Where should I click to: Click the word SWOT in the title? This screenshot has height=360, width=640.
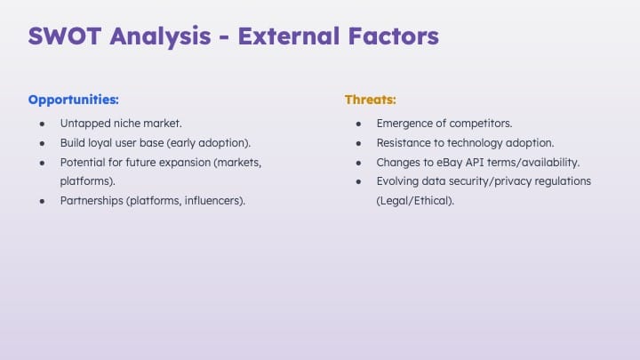(65, 36)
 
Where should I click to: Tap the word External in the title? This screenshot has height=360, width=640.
(289, 36)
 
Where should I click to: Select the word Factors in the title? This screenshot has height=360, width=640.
(394, 36)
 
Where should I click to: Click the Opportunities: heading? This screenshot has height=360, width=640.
(74, 100)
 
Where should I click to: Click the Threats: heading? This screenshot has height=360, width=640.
(370, 100)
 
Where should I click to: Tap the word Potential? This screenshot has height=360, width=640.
(83, 162)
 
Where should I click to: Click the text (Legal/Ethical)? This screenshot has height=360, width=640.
(415, 201)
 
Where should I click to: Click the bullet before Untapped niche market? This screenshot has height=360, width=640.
(42, 124)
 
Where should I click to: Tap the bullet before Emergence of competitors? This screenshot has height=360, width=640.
(358, 124)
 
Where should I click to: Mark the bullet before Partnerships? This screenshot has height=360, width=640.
(42, 201)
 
